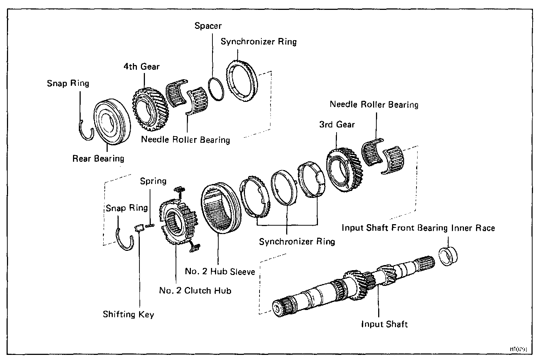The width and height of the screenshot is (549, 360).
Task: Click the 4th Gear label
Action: [141, 66]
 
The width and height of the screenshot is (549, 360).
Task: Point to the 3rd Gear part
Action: [344, 168]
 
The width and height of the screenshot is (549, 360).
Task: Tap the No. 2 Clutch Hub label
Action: [195, 291]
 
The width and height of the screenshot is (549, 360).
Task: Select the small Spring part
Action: [150, 226]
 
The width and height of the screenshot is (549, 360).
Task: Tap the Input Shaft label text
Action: [384, 324]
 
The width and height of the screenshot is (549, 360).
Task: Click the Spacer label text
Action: [208, 26]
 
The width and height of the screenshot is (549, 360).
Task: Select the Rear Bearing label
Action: [98, 158]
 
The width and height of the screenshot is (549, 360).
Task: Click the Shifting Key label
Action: [128, 314]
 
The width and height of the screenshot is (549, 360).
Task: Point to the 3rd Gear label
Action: [337, 125]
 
